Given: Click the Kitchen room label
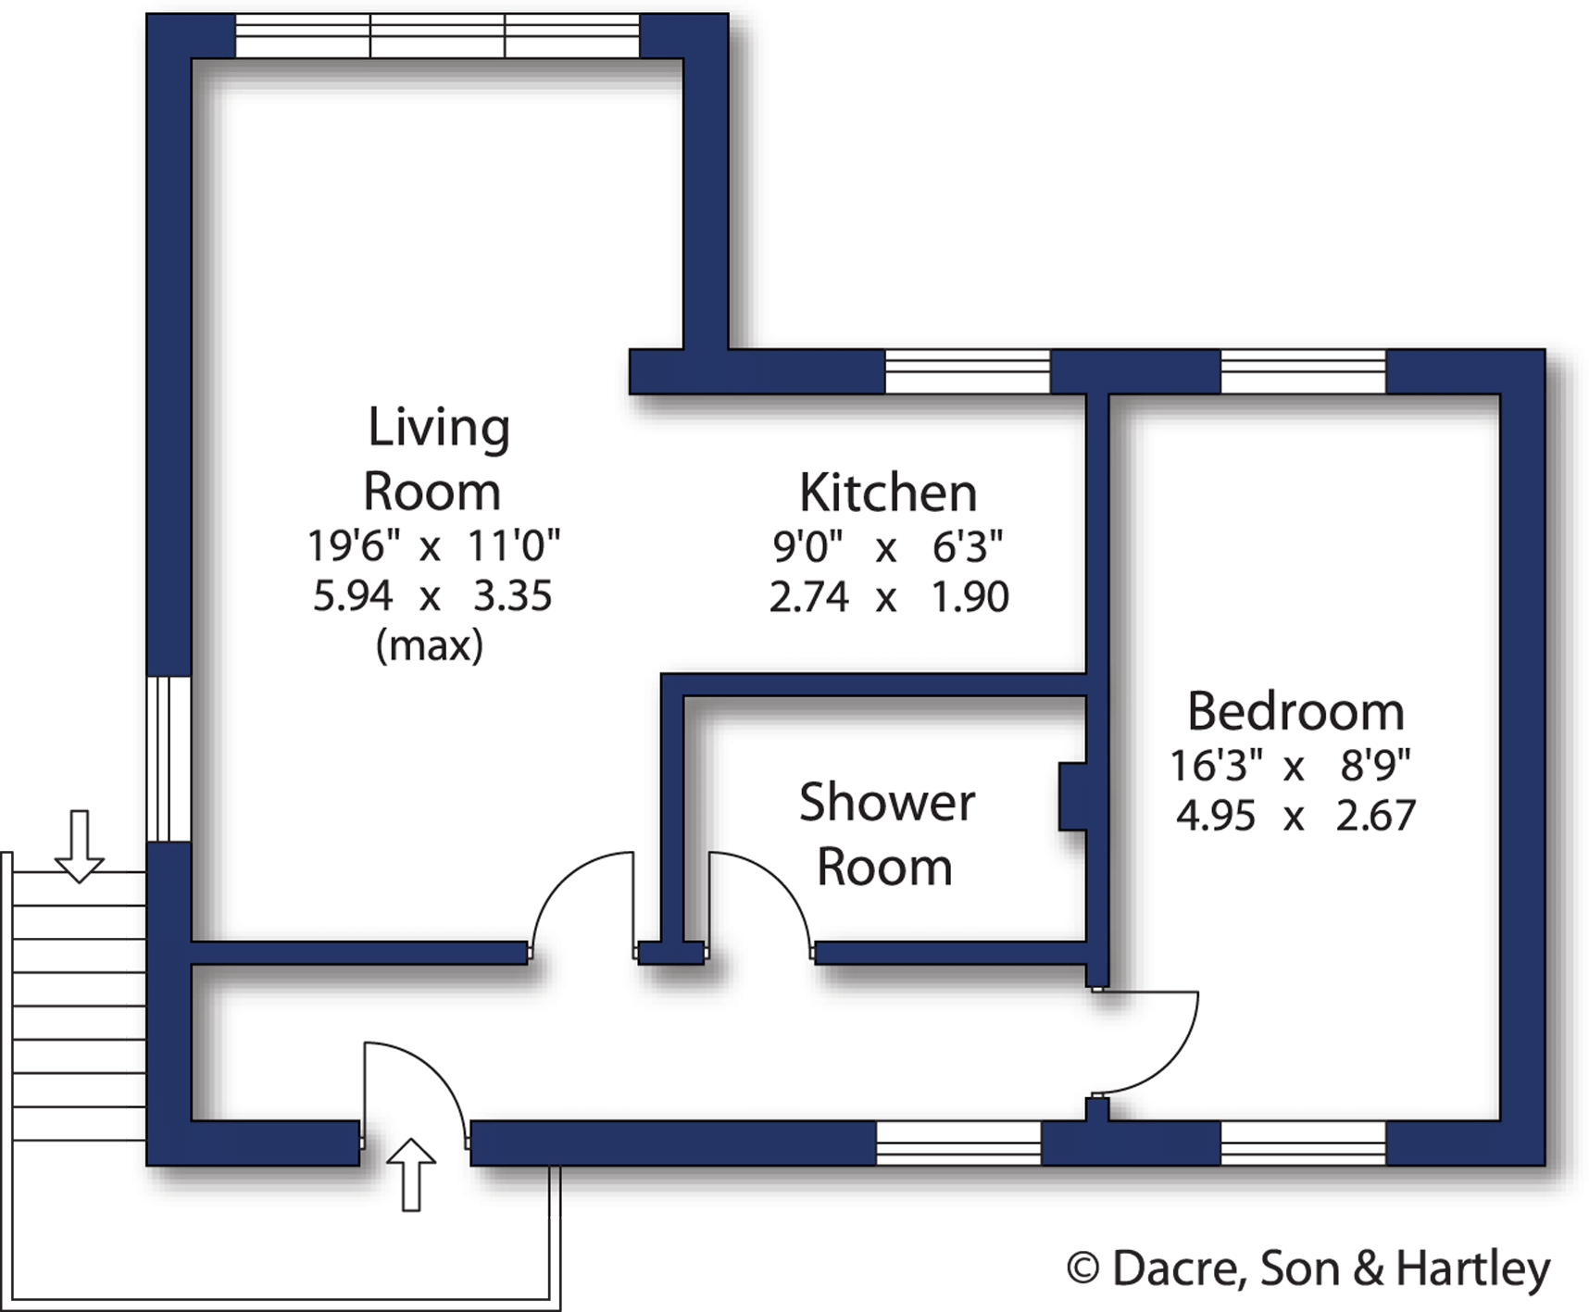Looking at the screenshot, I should click(888, 493).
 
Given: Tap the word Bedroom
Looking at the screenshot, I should click(1295, 712).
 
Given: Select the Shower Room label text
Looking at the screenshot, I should click(886, 834).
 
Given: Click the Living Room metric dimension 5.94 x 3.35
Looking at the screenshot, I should click(432, 595).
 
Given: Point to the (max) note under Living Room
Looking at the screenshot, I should click(429, 645).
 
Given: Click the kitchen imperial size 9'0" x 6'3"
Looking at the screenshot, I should click(887, 547).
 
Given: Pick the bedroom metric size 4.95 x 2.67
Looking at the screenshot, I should click(1295, 816).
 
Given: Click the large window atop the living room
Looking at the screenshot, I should click(437, 36).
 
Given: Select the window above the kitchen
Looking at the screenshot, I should click(968, 371).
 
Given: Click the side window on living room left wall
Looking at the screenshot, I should click(169, 758).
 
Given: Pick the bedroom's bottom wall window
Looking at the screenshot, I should click(1303, 1143).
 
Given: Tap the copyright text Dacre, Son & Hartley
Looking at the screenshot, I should click(1308, 1268).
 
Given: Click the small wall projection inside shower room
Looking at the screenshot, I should click(1072, 795).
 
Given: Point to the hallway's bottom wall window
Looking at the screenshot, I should click(958, 1143).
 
